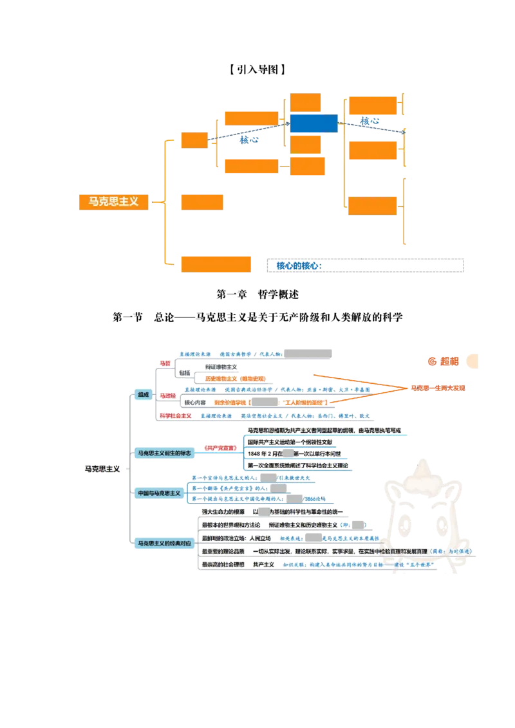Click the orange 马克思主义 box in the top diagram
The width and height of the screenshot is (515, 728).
[x=113, y=201]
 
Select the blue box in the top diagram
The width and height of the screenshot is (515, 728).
[x=314, y=123]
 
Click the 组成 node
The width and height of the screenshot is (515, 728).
[x=142, y=394]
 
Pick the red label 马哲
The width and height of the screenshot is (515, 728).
[x=165, y=363]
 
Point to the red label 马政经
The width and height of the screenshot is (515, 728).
[x=168, y=395]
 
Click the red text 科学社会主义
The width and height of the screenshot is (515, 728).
[x=175, y=416]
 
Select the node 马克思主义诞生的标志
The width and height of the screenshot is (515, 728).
[x=164, y=453]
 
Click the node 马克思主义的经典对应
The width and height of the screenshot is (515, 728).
[x=164, y=543]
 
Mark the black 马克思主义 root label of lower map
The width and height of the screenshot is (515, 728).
[x=102, y=469]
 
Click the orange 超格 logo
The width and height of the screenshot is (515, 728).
[x=444, y=361]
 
